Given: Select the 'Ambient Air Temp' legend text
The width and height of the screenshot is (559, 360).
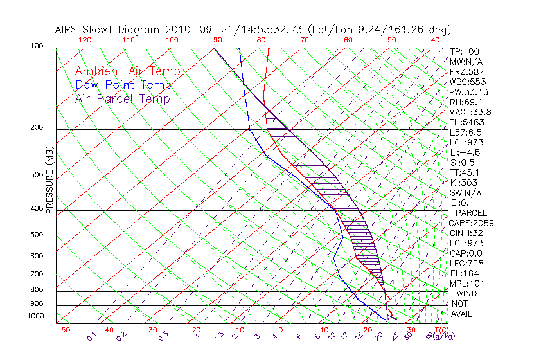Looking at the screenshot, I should [127, 71].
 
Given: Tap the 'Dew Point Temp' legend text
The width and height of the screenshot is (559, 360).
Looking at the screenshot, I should [123, 85].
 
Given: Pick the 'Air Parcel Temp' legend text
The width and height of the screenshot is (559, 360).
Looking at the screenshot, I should [122, 98].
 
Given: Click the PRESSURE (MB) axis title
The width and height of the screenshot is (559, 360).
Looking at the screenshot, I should [49, 181].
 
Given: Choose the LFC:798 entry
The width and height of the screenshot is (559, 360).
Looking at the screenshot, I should [466, 264].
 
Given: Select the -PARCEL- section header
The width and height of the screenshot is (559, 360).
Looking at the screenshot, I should [471, 213].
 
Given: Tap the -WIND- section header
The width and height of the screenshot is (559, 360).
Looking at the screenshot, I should [466, 294].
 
